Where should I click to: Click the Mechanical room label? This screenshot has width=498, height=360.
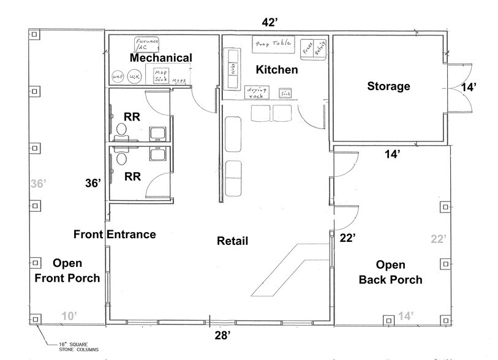160,58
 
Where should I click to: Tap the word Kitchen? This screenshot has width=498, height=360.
277,70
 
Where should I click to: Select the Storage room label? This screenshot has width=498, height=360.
388,86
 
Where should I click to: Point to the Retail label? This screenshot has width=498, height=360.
233,241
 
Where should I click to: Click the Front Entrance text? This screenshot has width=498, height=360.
115,234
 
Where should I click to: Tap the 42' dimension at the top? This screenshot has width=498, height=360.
270,23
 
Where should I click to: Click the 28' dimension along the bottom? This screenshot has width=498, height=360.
222,335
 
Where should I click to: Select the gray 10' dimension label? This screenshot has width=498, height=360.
69,316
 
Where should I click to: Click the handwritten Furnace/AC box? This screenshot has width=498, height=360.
147,43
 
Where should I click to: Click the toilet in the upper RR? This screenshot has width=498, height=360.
121,129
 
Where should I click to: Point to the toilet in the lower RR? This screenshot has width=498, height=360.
121,157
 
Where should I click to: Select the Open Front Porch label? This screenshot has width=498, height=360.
76,271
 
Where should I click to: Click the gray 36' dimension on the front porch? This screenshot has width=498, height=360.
38,183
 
